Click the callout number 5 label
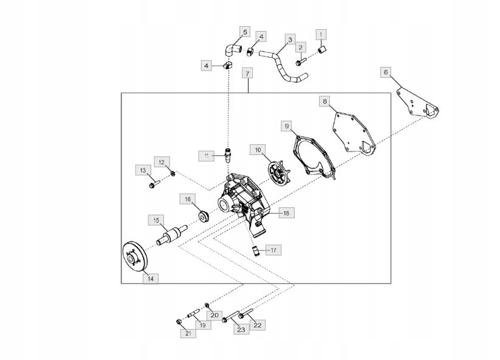pos(245,32)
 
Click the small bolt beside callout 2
pos(301,62)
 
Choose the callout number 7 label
pos(247,73)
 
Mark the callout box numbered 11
pos(207,156)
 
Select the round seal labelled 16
pos(202,216)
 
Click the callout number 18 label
pos(284,213)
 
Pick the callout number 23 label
pos(241,330)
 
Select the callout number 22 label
pos(257,325)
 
